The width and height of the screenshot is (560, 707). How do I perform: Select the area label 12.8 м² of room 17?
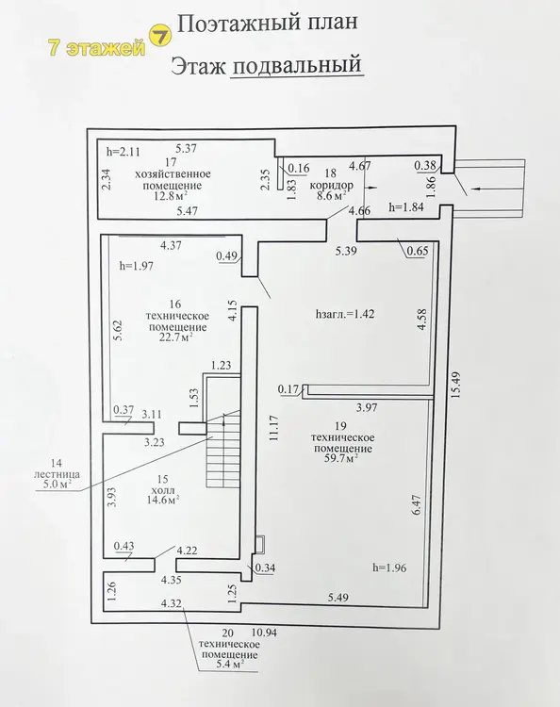coord(171,196)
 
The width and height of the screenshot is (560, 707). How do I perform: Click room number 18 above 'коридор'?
coord(331,173)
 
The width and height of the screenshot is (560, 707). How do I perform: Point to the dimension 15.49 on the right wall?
coord(457,384)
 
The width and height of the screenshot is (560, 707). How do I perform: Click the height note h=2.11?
coord(124,152)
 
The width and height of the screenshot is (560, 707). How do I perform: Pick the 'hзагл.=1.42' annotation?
coord(345,314)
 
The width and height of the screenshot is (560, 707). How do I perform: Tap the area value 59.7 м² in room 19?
coord(342,459)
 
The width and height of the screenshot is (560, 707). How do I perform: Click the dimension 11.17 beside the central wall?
coord(274,428)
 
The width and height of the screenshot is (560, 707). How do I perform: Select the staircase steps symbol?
coord(222,451)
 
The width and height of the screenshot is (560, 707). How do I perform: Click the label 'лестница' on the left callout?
coord(58,474)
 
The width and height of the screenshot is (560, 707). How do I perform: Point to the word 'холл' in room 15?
coord(163,490)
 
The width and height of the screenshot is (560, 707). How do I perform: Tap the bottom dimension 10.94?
coord(264,633)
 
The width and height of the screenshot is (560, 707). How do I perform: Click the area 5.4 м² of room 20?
coord(228,665)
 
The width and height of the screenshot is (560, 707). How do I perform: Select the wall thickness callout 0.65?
coord(418,250)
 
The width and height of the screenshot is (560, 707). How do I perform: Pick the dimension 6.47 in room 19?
coord(416,505)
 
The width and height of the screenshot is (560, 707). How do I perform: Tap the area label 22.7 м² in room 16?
coord(176,338)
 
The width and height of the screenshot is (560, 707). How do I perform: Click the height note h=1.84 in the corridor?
coord(406,208)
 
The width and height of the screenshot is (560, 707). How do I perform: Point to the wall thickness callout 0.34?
coord(265,567)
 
